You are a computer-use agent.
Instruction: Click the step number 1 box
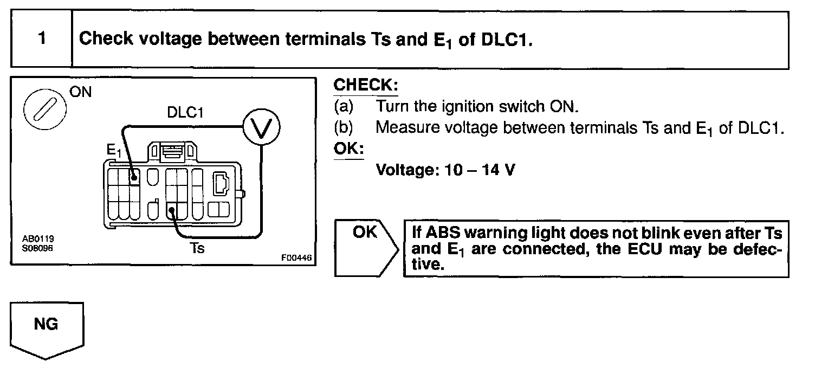pyautogui.click(x=42, y=40)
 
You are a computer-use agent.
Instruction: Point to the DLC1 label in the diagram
pyautogui.click(x=185, y=112)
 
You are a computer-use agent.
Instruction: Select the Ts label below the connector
pyautogui.click(x=197, y=248)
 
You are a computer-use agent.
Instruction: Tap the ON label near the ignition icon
pyautogui.click(x=81, y=92)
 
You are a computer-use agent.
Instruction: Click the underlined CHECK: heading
pyautogui.click(x=366, y=85)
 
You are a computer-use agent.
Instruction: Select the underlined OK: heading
pyautogui.click(x=349, y=149)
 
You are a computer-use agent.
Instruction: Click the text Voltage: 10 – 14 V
pyautogui.click(x=445, y=170)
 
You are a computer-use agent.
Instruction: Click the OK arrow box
pyautogui.click(x=366, y=248)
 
